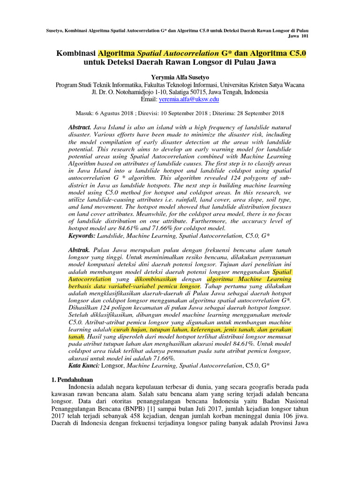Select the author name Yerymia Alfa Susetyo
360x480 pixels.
coord(180,77)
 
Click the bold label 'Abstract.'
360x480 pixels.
coord(79,127)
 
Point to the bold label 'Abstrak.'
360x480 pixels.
coord(79,251)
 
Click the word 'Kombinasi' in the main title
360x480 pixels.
coord(76,53)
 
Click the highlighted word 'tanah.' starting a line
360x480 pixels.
coord(76,336)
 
